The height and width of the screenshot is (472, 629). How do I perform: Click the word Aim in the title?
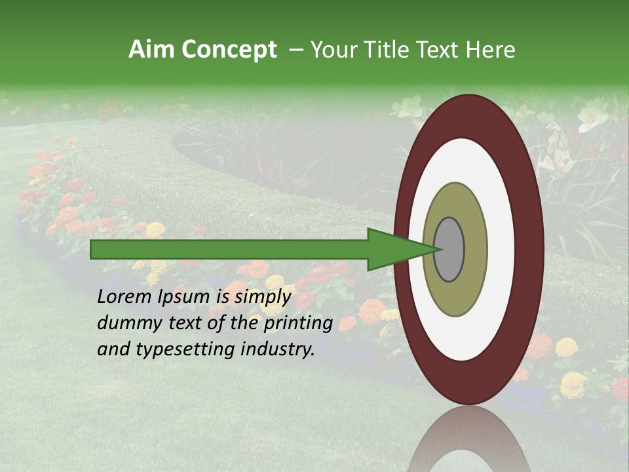pos(152,50)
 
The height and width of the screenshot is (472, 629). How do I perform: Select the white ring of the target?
pos(501,249)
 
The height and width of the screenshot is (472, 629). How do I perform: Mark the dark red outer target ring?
pos(532,249)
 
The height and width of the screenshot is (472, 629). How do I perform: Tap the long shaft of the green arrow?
pos(229,249)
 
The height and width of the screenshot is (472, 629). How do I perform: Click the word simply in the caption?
pos(262,297)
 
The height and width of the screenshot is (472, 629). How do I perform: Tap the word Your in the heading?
pos(332,50)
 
